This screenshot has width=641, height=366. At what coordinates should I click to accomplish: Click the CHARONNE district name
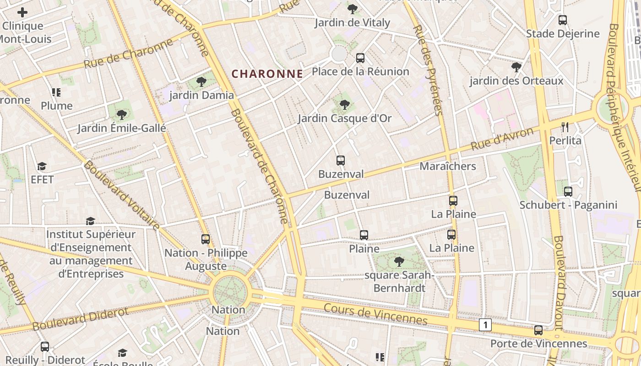pos(267,74)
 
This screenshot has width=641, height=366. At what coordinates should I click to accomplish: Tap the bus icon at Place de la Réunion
pos(360,58)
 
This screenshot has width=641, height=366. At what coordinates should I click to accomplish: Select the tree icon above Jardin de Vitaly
pos(352,9)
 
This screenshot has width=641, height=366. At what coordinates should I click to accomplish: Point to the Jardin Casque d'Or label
pos(345,118)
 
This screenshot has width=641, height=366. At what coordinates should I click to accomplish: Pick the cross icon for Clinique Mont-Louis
pos(22,12)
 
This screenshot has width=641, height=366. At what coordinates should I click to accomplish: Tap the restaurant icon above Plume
pos(56,93)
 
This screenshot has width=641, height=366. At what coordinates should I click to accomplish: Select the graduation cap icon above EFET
pos(42,166)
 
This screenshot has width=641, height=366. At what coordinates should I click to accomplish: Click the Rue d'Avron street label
pos(502,139)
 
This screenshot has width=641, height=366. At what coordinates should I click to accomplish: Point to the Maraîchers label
pos(448,166)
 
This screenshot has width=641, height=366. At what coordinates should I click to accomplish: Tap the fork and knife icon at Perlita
pos(565,127)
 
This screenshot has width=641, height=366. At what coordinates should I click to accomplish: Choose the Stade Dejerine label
pos(563,33)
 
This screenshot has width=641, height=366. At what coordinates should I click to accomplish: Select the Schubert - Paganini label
pos(568,205)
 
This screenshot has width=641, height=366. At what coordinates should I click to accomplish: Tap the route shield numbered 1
pos(485,325)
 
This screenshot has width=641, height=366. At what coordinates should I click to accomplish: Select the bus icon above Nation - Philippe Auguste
pos(206,239)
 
